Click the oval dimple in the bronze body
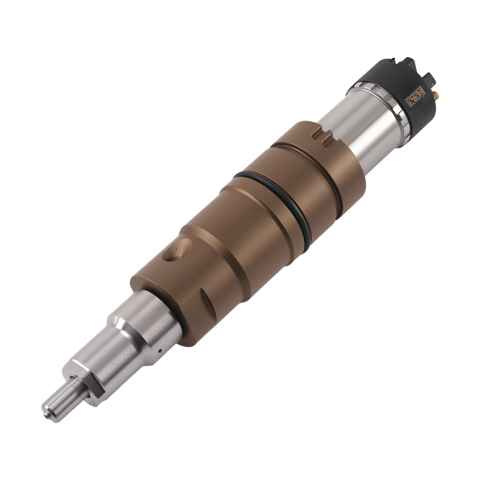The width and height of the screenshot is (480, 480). point(177,251)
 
